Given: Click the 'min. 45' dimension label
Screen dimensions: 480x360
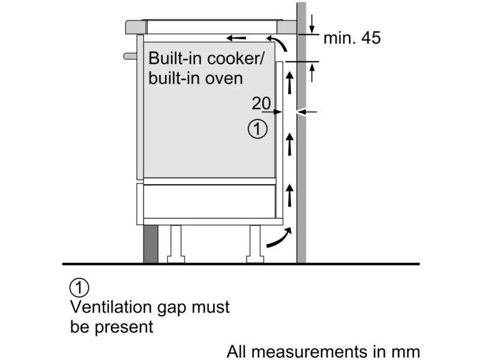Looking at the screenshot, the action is [352, 38].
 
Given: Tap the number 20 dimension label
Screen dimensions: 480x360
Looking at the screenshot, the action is [261, 103].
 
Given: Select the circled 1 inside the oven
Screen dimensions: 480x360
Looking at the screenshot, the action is [257, 129].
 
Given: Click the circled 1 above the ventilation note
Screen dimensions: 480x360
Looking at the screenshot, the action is [79, 287].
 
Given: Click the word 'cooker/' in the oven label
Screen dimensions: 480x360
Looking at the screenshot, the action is [235, 58].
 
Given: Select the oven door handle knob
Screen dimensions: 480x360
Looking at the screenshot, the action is [130, 56].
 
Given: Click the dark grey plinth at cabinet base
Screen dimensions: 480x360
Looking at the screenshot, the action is [151, 244].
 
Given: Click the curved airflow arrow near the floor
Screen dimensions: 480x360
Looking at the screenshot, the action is [279, 238].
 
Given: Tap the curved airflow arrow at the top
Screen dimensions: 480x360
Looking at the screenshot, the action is [278, 43].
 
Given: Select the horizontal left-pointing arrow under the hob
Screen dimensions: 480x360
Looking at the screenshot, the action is [236, 38].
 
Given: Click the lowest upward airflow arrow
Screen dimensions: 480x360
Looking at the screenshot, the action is [289, 195].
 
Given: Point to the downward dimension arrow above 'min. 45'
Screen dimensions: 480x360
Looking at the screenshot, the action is [311, 23].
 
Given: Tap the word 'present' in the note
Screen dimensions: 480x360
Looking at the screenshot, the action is [124, 328].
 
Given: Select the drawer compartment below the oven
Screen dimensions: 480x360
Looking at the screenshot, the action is [209, 201].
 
